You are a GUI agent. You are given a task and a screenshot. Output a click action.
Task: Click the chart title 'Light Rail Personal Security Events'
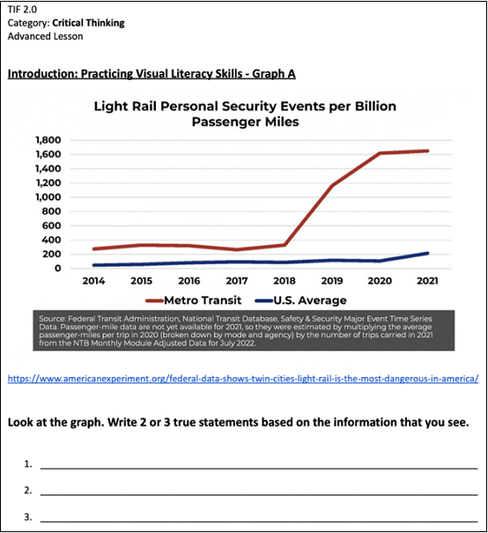click(x=245, y=114)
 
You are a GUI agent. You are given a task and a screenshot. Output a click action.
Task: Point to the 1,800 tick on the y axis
click(x=48, y=140)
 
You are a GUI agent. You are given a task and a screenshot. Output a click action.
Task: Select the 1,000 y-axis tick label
click(x=48, y=197)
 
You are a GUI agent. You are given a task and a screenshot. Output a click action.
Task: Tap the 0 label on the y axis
click(x=58, y=268)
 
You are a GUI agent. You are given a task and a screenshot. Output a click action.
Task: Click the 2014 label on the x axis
click(x=93, y=281)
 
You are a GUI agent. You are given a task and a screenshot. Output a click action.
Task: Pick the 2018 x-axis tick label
click(x=285, y=281)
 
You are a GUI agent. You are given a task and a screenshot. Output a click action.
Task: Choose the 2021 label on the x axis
click(x=427, y=281)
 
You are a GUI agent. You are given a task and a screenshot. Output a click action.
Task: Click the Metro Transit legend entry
click(x=194, y=300)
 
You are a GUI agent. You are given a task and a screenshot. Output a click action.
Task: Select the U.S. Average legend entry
click(x=300, y=300)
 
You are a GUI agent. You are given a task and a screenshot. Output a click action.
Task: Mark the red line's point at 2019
click(x=332, y=185)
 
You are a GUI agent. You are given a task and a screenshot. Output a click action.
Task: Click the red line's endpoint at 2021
click(x=427, y=151)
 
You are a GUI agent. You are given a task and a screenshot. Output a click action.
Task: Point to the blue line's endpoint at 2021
click(x=427, y=253)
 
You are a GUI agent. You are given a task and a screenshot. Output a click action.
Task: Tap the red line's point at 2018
click(x=285, y=245)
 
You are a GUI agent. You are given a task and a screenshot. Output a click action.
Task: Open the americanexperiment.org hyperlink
click(x=243, y=378)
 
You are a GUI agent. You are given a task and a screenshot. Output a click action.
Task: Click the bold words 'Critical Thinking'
click(x=88, y=23)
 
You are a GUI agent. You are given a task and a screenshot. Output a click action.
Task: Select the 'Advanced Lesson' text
click(x=45, y=36)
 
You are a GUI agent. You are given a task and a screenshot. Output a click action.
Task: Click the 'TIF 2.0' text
click(x=22, y=10)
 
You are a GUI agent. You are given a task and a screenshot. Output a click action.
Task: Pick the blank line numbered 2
click(x=259, y=495)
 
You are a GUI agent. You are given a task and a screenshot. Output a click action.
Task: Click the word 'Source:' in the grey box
click(x=52, y=319)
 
